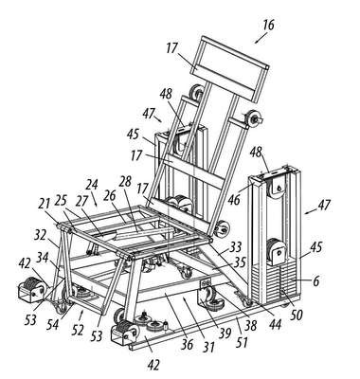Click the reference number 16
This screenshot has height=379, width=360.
point(268,25)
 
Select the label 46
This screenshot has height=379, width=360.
point(234,200)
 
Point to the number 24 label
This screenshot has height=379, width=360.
point(92,186)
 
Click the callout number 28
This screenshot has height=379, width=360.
point(125,183)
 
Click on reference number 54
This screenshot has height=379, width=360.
point(53,324)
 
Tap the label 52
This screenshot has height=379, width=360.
point(78,330)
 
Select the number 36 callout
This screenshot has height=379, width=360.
point(187,344)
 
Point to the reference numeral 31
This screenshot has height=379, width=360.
point(208,347)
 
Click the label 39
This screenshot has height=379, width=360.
point(225,334)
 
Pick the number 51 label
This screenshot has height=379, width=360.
point(242,342)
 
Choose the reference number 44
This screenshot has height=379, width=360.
point(275,324)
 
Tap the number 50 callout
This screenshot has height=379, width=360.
point(297,316)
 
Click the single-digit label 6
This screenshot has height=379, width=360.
point(316,280)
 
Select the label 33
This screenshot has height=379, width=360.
point(235,248)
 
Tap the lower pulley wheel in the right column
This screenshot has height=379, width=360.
point(277,251)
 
